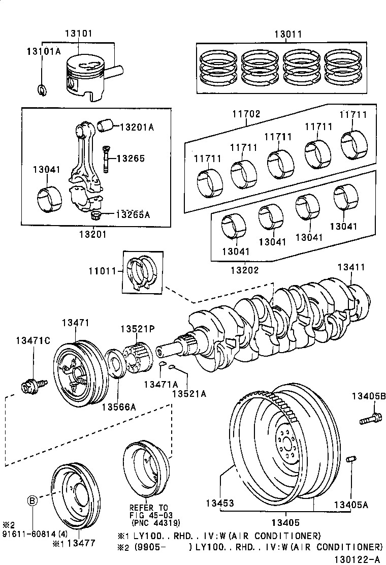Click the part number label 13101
pos(78,34)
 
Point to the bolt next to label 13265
pos(107,158)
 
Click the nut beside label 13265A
pos(95,215)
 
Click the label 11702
pos(246,114)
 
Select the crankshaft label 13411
pos(351,267)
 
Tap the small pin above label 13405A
pos(349,460)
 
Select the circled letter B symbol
pos(32,500)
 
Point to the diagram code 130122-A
pos(359,559)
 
